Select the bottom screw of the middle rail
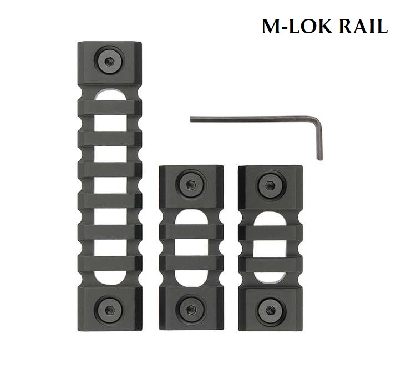point(191,309)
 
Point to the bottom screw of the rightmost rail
point(270,309)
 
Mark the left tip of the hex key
point(192,118)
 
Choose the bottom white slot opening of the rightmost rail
point(270,280)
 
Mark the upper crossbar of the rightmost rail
point(270,233)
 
